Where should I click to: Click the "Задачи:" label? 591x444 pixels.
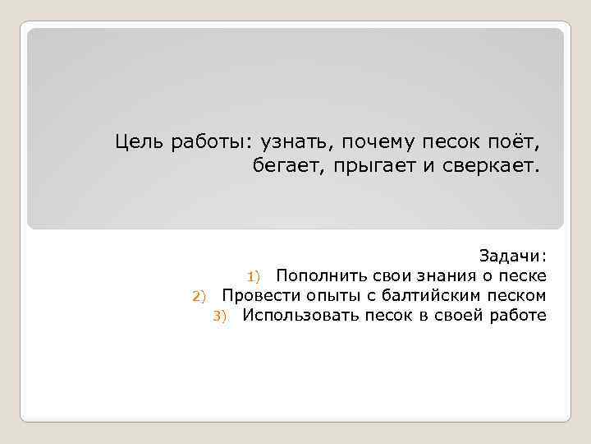click(x=513, y=256)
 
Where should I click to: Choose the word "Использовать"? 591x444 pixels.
click(x=299, y=316)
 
